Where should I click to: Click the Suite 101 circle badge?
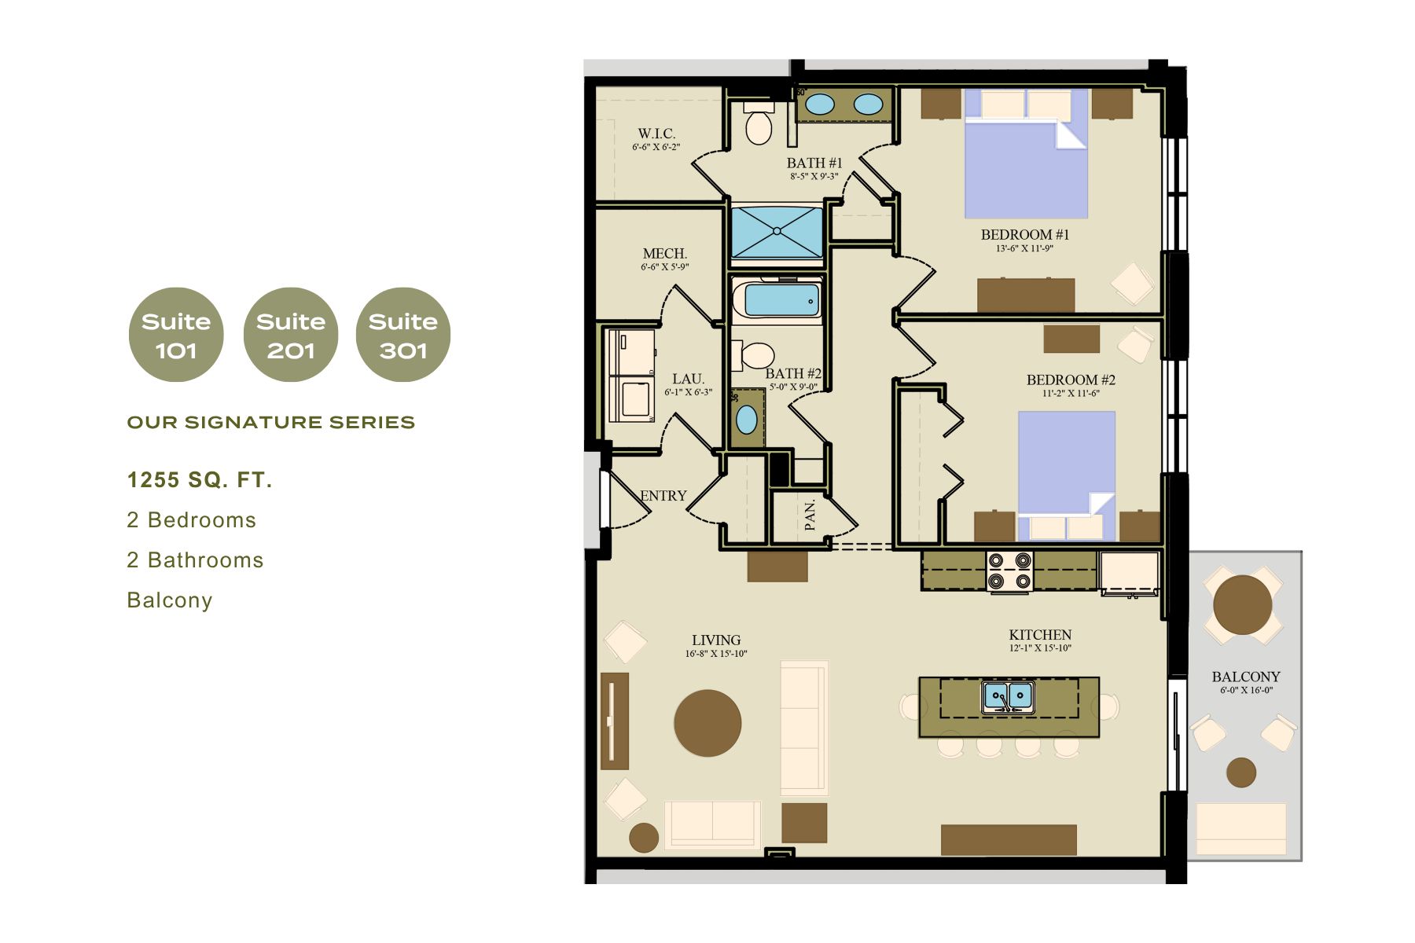pos(176,335)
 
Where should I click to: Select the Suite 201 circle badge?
pos(291,335)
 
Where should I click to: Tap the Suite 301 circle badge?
pos(403,335)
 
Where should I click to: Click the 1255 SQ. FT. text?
pos(200,480)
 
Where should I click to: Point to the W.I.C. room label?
pos(656,134)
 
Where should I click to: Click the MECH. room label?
pos(665,254)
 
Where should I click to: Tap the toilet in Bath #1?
pos(759,123)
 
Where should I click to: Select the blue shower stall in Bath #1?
pos(777,232)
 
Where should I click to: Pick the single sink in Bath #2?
pos(747,420)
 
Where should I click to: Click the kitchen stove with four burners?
pos(1009,571)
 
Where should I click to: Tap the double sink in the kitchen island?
pos(1008,696)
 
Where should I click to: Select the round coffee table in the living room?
pos(707,723)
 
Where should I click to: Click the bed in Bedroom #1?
pos(1026,153)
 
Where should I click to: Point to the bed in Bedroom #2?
pos(1067,476)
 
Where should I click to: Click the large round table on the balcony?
pos(1242,604)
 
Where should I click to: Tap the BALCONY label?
pos(1246,677)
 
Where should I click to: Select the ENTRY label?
pos(663,496)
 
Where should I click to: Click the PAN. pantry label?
pos(810,516)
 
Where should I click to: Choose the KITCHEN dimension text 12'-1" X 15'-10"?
pos(1040,648)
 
